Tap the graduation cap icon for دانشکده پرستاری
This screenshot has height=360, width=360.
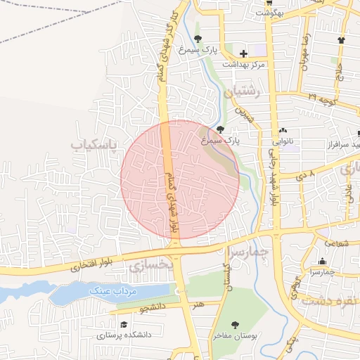point(124,325)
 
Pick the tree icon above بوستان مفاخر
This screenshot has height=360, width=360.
point(235,324)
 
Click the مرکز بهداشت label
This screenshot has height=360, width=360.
point(243,65)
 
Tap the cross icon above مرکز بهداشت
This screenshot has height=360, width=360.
point(243,53)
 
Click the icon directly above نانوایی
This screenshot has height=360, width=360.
point(283,130)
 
